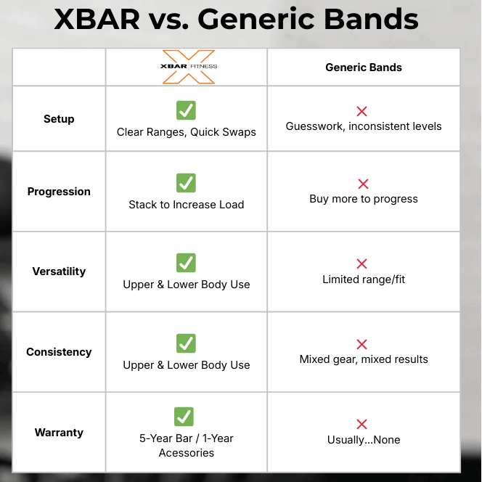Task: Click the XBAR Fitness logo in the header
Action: (x=187, y=67)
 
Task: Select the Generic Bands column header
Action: (x=363, y=68)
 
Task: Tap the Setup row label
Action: (x=59, y=119)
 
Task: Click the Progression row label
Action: (x=59, y=192)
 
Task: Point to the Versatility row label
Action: (x=59, y=271)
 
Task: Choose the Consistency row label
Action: (x=59, y=352)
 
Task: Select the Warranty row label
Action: (x=59, y=433)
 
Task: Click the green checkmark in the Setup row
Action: (x=186, y=110)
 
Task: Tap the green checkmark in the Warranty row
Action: (x=184, y=417)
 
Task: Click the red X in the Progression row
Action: (x=363, y=184)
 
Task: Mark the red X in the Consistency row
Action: (x=361, y=344)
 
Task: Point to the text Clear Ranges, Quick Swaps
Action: (x=186, y=132)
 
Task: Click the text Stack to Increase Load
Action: (x=186, y=205)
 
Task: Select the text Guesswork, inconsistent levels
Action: (x=363, y=126)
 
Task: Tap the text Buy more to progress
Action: (x=363, y=199)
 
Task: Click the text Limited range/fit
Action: (x=363, y=279)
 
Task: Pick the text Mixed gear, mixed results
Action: (x=363, y=359)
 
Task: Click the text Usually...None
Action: (x=363, y=440)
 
